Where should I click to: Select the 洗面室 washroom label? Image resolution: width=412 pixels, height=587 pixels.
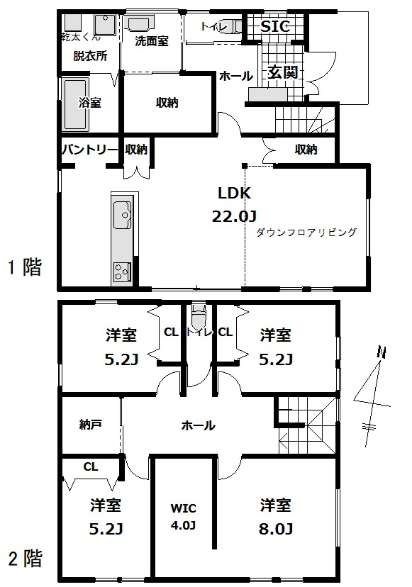[152, 41]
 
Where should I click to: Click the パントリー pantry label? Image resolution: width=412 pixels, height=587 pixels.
[88, 149]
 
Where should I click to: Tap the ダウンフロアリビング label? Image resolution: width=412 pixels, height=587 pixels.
[305, 232]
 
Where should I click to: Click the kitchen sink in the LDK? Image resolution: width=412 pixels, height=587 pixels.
[123, 211]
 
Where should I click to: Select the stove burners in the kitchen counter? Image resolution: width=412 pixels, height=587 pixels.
[123, 272]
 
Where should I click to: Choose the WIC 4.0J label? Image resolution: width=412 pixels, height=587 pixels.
[183, 517]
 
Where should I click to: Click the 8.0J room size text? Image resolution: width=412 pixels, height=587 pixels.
[276, 528]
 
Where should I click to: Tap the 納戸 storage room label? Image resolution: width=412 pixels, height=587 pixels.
[90, 425]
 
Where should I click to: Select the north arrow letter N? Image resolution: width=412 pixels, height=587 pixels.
[382, 352]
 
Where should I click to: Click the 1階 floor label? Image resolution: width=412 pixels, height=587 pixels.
[25, 267]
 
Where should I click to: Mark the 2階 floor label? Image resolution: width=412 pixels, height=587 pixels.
[25, 559]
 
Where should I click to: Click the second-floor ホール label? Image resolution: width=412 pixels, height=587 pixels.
[199, 425]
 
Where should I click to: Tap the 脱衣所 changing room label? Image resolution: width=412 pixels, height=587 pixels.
[90, 57]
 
